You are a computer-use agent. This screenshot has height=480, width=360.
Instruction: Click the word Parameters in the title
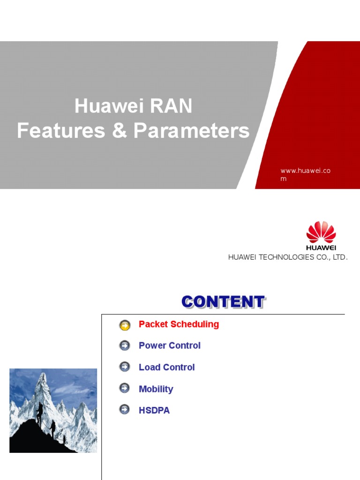click(x=191, y=131)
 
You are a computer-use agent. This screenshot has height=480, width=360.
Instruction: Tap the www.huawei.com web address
click(x=305, y=174)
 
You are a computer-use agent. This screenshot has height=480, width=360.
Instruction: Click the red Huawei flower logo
click(x=321, y=233)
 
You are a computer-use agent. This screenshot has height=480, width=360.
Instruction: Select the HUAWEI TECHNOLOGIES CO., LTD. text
click(x=288, y=257)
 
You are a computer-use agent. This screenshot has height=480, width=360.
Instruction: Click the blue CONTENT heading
click(x=223, y=302)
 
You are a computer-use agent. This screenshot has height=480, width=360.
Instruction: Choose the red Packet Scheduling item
click(x=179, y=324)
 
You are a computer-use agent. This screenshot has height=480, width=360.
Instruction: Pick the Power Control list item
click(x=169, y=345)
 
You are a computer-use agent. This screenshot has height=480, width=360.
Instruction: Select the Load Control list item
click(x=166, y=367)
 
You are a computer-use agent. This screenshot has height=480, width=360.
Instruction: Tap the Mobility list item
click(x=156, y=389)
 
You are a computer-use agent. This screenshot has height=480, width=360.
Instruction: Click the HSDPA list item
click(x=154, y=411)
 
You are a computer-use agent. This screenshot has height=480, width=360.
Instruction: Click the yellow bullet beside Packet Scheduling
click(x=125, y=324)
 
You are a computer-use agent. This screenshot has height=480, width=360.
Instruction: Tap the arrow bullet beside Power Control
click(x=125, y=345)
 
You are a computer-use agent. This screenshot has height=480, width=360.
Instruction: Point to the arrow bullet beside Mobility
click(x=125, y=389)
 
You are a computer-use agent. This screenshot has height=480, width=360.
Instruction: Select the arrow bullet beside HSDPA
click(x=125, y=410)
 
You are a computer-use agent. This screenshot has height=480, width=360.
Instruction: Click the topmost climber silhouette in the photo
click(x=40, y=411)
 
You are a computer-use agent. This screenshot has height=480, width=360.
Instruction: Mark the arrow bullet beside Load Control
click(x=125, y=367)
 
